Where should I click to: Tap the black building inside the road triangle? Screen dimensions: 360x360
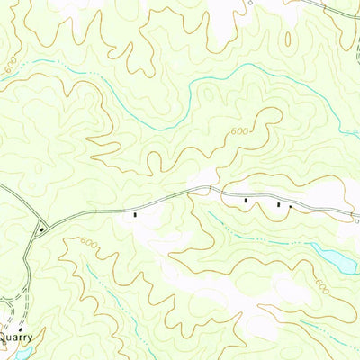click(x=40, y=229)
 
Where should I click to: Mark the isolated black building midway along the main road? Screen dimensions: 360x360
click(x=135, y=215)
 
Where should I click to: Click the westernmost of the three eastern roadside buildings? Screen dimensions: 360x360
click(x=246, y=201)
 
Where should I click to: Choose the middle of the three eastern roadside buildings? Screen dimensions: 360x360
click(x=279, y=205)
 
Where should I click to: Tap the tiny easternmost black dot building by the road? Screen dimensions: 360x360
click(x=290, y=207)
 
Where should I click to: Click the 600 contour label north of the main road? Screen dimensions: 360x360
click(x=238, y=132)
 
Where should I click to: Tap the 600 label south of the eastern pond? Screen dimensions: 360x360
click(x=321, y=286)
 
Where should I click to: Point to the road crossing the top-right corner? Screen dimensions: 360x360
click(x=337, y=11)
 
